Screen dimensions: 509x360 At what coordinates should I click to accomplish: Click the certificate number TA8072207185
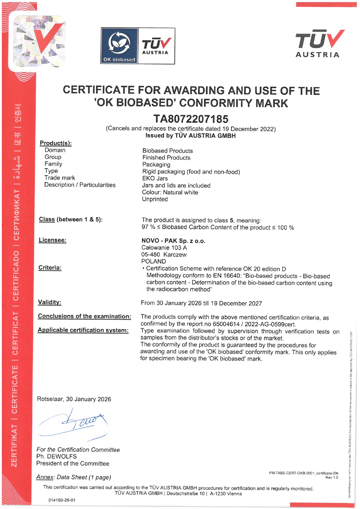pos(191,119)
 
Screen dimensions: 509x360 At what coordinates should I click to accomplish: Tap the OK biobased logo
pos(119,46)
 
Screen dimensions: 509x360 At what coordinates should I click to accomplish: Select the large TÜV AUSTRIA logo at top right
pos(319,43)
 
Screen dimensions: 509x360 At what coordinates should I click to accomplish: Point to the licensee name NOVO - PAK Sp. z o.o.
pos(173,241)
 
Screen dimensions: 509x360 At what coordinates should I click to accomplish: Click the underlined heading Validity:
pos(50,302)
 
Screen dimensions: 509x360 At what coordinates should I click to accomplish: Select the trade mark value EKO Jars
pos(155,178)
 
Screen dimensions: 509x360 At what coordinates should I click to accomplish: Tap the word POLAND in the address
pos(154,261)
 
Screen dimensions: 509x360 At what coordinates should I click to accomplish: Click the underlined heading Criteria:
pos(50,268)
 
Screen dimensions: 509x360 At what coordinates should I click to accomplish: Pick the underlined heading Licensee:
pos(53,240)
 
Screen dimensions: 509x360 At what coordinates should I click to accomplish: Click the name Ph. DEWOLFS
pos(57,456)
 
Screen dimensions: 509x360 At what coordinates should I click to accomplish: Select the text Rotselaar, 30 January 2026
pos(74,399)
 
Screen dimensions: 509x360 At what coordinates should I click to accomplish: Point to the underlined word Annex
pos(45,477)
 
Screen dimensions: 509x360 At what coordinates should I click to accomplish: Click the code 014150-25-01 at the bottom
pos(62,500)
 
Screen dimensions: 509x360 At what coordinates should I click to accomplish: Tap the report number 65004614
pos(226,324)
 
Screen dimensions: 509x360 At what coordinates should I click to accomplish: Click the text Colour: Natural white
pos(170,192)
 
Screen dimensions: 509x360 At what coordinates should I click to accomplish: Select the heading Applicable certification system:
pos(83,330)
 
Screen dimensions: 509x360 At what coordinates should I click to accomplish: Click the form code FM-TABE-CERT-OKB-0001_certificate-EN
pos(303,473)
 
